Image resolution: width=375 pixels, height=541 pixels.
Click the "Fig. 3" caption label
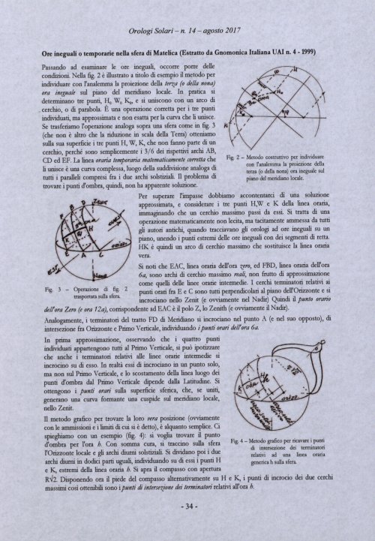tap(49, 287)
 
